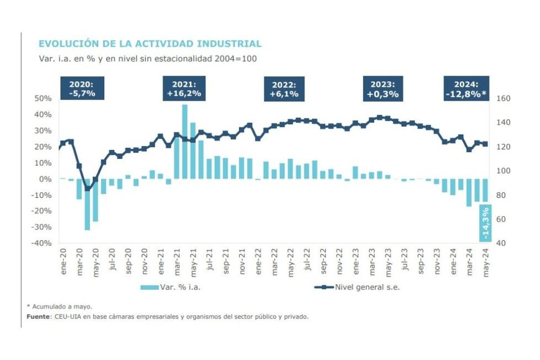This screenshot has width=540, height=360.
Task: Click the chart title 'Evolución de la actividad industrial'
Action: [x=150, y=43]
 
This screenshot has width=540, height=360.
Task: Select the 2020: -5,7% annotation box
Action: [x=82, y=89]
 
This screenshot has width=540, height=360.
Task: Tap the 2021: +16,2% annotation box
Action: [x=184, y=89]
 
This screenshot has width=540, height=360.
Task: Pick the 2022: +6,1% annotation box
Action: [x=284, y=89]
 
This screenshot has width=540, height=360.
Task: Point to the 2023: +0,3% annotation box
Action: [x=383, y=89]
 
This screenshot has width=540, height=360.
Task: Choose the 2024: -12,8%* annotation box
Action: [x=466, y=89]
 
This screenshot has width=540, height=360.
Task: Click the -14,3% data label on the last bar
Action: [x=485, y=223]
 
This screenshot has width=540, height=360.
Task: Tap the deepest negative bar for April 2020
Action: [x=88, y=204]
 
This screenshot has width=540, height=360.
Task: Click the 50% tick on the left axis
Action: [x=43, y=99]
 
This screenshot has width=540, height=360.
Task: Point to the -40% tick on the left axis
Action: [x=42, y=243]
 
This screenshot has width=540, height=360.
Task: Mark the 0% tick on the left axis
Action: [x=45, y=179]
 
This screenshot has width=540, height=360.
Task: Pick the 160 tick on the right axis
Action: [x=503, y=99]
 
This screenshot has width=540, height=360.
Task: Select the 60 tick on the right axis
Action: [x=502, y=219]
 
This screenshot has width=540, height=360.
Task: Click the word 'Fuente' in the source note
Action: [x=38, y=316]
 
